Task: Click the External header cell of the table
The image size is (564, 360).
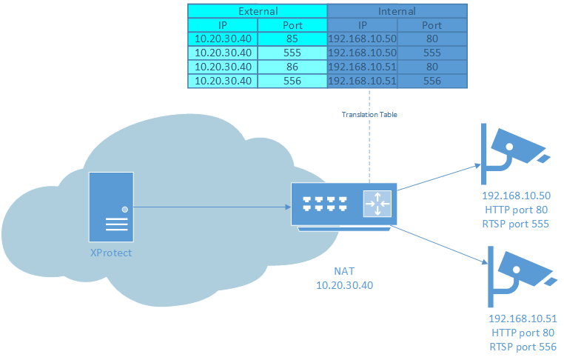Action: pos(257,11)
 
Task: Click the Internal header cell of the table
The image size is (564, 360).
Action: pos(397,11)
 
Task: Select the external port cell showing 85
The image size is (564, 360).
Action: pos(292,39)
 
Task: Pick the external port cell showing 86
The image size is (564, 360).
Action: pos(292,67)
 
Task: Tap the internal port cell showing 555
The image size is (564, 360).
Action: pos(432,53)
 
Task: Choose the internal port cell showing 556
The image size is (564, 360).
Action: pos(432,81)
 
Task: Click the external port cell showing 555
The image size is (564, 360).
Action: pos(292,53)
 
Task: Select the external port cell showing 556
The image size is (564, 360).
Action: pos(292,81)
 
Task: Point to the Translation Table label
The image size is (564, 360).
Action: pos(369,115)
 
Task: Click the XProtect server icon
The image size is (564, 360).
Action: pos(111,207)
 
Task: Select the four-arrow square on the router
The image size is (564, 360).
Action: pos(377,204)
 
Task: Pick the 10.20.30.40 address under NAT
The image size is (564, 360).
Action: pos(342,285)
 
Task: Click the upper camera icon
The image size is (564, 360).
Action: pos(511,153)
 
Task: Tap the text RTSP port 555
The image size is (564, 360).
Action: pos(516,224)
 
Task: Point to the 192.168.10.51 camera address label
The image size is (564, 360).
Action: pos(523,319)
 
